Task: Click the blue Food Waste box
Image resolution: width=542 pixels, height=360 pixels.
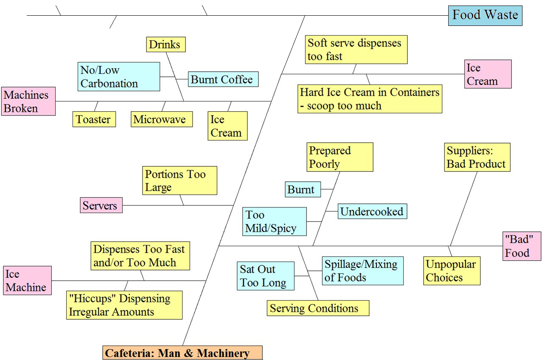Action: coord(485,16)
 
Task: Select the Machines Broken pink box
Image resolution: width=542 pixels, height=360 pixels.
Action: coord(28,101)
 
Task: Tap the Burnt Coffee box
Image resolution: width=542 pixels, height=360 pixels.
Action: coord(223,79)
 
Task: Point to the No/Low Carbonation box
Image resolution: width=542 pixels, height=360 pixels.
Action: coord(118,77)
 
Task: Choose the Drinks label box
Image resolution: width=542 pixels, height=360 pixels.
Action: coord(166,45)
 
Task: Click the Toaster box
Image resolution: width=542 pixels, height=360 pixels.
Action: coord(94,119)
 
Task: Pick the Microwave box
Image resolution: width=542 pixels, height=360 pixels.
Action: coord(162,119)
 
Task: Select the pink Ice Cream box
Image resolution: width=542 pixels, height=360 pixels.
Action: coord(488,74)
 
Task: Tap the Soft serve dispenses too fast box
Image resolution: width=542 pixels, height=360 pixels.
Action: coord(356,50)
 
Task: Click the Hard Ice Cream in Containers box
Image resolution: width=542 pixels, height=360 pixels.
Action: coord(370,99)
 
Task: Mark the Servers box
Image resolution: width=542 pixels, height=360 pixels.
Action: coord(101,205)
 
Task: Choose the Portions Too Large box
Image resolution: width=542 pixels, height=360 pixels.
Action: coord(180,180)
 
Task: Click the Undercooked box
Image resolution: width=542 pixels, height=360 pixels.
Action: coord(372,211)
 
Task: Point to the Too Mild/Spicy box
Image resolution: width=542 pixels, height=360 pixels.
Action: coord(274,222)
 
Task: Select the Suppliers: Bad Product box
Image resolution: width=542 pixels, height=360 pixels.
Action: coord(477,157)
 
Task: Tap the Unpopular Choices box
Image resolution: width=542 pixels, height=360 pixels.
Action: coord(452,271)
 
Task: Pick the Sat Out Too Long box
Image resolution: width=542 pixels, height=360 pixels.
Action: coord(265,276)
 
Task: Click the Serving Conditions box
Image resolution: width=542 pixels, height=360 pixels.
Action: coord(318,308)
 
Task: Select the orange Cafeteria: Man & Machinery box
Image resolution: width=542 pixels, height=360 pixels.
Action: coord(183,353)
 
